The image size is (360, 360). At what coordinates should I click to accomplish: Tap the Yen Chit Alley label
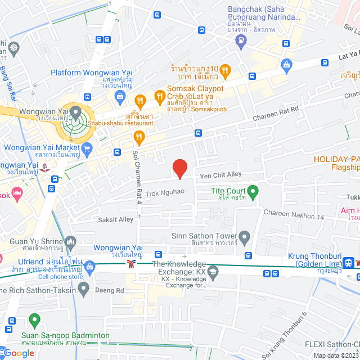pyautogui.click(x=221, y=175)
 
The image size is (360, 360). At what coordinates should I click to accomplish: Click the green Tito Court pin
pyautogui.click(x=253, y=192)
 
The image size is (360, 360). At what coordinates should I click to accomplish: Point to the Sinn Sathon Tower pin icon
pyautogui.click(x=244, y=236)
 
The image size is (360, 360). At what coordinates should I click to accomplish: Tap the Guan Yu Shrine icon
pyautogui.click(x=70, y=242)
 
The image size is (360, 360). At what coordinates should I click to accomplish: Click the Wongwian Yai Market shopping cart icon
pyautogui.click(x=86, y=148)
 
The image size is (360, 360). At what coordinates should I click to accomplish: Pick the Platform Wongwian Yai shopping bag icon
pyautogui.click(x=119, y=97)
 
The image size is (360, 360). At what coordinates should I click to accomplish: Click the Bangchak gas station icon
pyautogui.click(x=241, y=40)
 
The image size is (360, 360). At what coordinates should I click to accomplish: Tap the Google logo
pyautogui.click(x=18, y=353)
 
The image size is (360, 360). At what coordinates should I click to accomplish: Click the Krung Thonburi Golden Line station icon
pyautogui.click(x=349, y=263)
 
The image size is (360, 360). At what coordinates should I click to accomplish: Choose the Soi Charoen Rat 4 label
pyautogui.click(x=136, y=177)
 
